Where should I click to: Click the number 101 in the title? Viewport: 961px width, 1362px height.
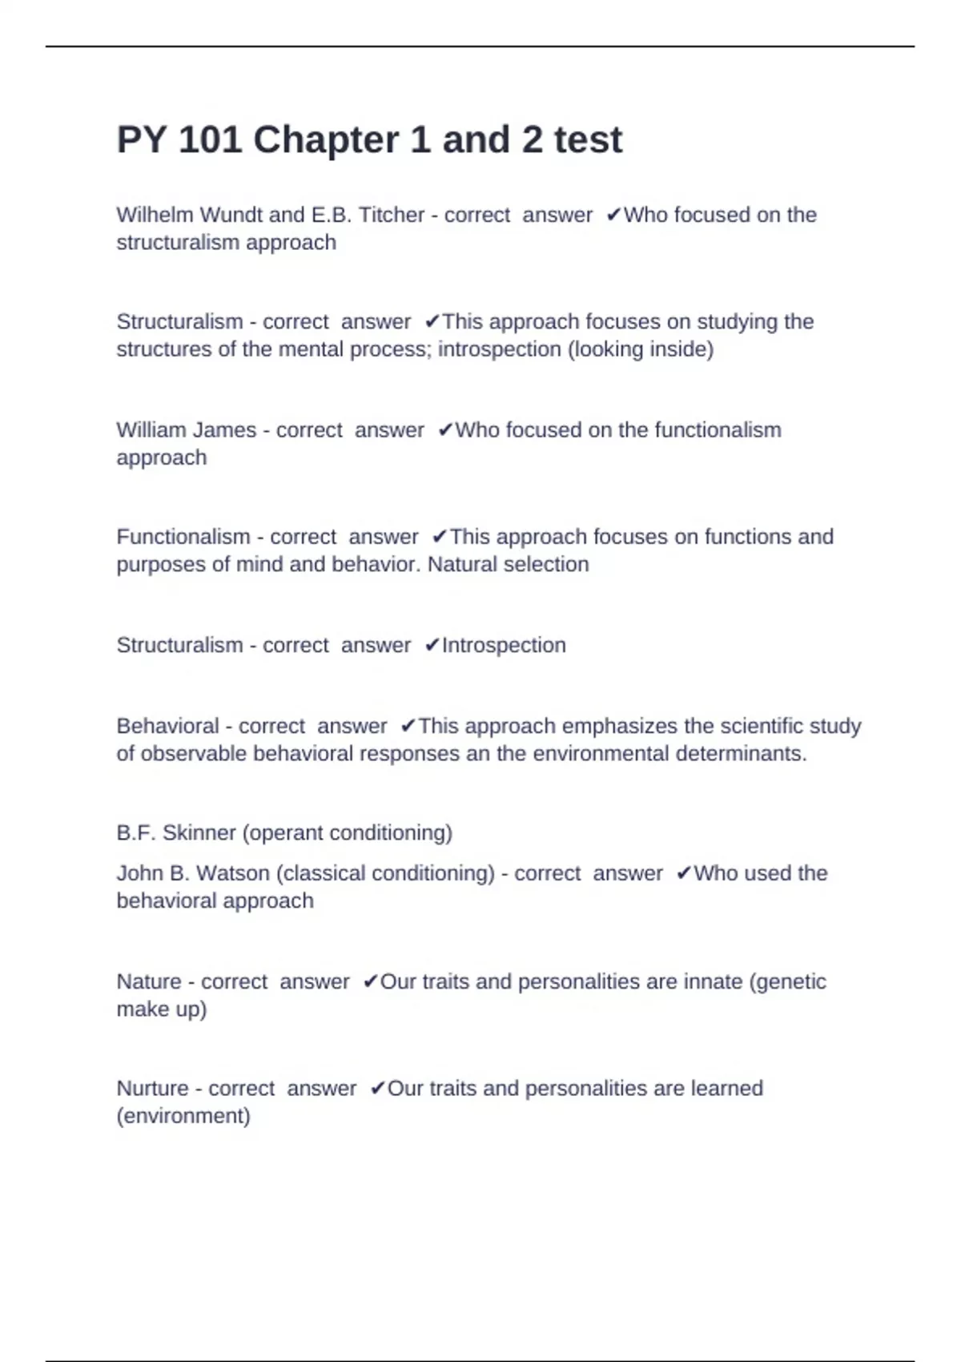click(210, 140)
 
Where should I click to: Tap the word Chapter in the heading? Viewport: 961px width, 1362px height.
click(326, 140)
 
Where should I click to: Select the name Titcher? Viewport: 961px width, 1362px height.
click(391, 216)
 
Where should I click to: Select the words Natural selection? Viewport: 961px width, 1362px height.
click(508, 565)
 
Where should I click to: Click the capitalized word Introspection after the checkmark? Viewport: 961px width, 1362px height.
click(504, 646)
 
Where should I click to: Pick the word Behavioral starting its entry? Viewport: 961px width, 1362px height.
click(167, 727)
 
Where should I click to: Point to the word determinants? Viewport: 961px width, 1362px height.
click(741, 754)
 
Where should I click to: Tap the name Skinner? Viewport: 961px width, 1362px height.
click(199, 833)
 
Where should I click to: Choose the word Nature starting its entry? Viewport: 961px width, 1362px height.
click(149, 982)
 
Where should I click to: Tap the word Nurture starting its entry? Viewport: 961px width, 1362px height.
click(152, 1089)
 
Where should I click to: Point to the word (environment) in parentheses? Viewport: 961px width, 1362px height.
click(183, 1116)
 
